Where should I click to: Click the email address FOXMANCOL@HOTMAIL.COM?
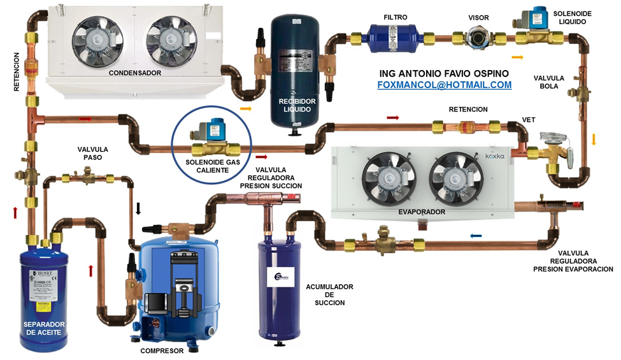(445, 84)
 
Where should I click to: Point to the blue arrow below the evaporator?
(476, 235)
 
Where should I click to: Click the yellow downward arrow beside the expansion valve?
(594, 139)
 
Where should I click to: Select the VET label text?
(529, 119)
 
